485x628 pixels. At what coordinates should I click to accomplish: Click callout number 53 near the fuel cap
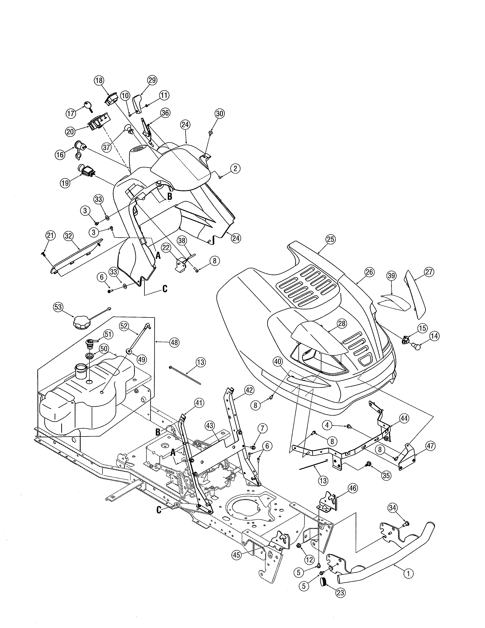58,307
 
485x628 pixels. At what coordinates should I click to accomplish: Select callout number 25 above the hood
331,240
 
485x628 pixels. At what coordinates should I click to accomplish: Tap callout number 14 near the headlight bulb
434,336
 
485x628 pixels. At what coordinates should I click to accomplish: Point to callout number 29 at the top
152,80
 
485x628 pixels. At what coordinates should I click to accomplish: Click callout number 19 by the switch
65,183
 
